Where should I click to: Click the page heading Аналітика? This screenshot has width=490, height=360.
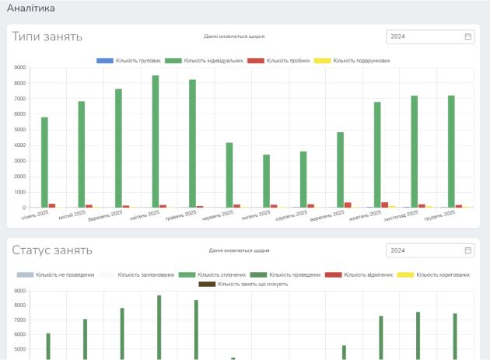click(x=30, y=9)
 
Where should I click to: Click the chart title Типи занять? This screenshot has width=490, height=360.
click(x=47, y=37)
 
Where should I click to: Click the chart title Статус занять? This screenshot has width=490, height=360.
click(x=52, y=250)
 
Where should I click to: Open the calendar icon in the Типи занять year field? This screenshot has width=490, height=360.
click(x=468, y=37)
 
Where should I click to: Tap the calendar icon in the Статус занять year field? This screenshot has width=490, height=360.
click(x=468, y=250)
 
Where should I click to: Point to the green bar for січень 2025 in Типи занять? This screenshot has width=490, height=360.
click(x=45, y=163)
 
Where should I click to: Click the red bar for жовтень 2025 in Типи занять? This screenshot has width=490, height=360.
click(x=385, y=204)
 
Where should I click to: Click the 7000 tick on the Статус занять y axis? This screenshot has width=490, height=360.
click(x=19, y=320)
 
